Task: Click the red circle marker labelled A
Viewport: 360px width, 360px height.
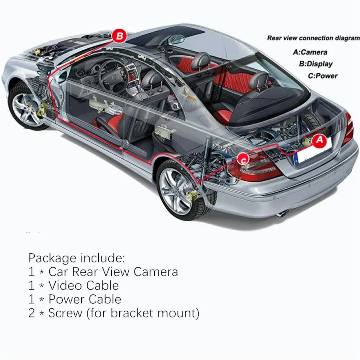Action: [319, 141]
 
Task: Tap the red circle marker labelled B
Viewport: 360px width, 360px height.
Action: [119, 36]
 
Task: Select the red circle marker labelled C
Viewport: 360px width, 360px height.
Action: [243, 159]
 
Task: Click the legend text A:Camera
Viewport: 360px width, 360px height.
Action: [310, 52]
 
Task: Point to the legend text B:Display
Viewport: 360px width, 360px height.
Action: [316, 64]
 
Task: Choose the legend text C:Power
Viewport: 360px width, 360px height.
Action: [322, 76]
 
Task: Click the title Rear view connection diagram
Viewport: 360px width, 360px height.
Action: [313, 38]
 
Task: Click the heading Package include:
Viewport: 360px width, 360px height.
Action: [77, 257]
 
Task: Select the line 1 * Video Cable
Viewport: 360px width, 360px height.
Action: [74, 285]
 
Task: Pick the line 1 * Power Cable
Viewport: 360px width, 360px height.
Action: [75, 299]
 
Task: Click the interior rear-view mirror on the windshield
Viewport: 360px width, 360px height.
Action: [177, 40]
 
